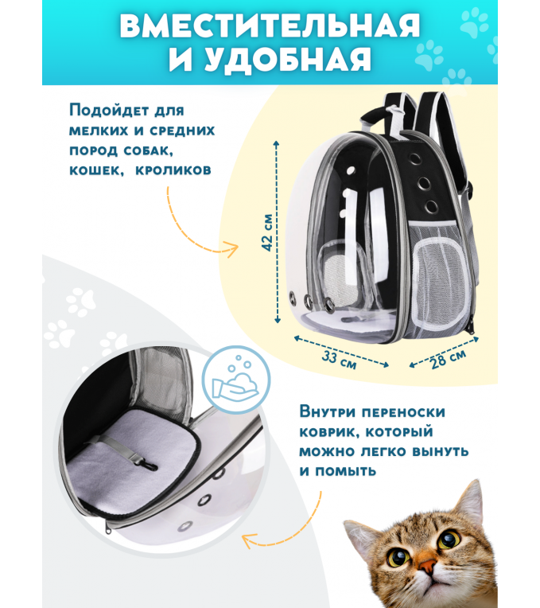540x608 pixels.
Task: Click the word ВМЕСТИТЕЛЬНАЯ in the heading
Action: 270,25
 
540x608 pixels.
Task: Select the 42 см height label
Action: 268,232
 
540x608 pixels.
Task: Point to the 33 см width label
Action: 340,361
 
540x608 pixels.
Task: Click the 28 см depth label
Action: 449,359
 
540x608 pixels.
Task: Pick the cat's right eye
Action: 449,538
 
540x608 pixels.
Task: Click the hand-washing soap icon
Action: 236,380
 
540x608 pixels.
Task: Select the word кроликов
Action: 173,170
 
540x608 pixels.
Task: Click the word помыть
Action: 345,471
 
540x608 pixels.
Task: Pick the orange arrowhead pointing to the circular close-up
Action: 248,540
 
